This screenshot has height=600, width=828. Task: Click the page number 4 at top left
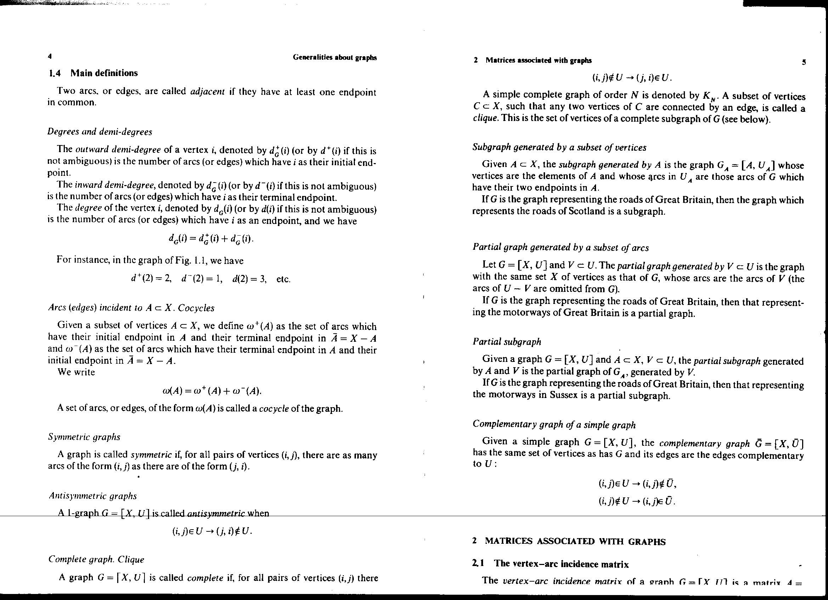50,56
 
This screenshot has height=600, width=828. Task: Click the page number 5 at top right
804,62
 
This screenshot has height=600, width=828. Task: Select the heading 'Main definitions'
104,73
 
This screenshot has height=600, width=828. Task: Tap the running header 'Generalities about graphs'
334,57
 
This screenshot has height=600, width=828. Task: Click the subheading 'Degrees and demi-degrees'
100,132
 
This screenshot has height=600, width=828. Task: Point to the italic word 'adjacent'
208,91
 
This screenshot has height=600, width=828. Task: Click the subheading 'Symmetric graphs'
84,437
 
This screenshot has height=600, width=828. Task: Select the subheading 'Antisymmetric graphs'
93,496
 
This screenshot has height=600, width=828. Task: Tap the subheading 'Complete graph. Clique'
96,559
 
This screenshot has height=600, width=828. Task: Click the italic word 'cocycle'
274,408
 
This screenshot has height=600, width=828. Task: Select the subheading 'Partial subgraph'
507,342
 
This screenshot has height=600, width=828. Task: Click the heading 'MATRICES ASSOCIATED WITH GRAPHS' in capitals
575,542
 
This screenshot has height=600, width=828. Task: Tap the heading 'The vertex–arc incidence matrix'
561,564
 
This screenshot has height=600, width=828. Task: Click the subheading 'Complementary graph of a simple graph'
554,425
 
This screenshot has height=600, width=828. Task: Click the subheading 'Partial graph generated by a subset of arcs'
560,248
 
